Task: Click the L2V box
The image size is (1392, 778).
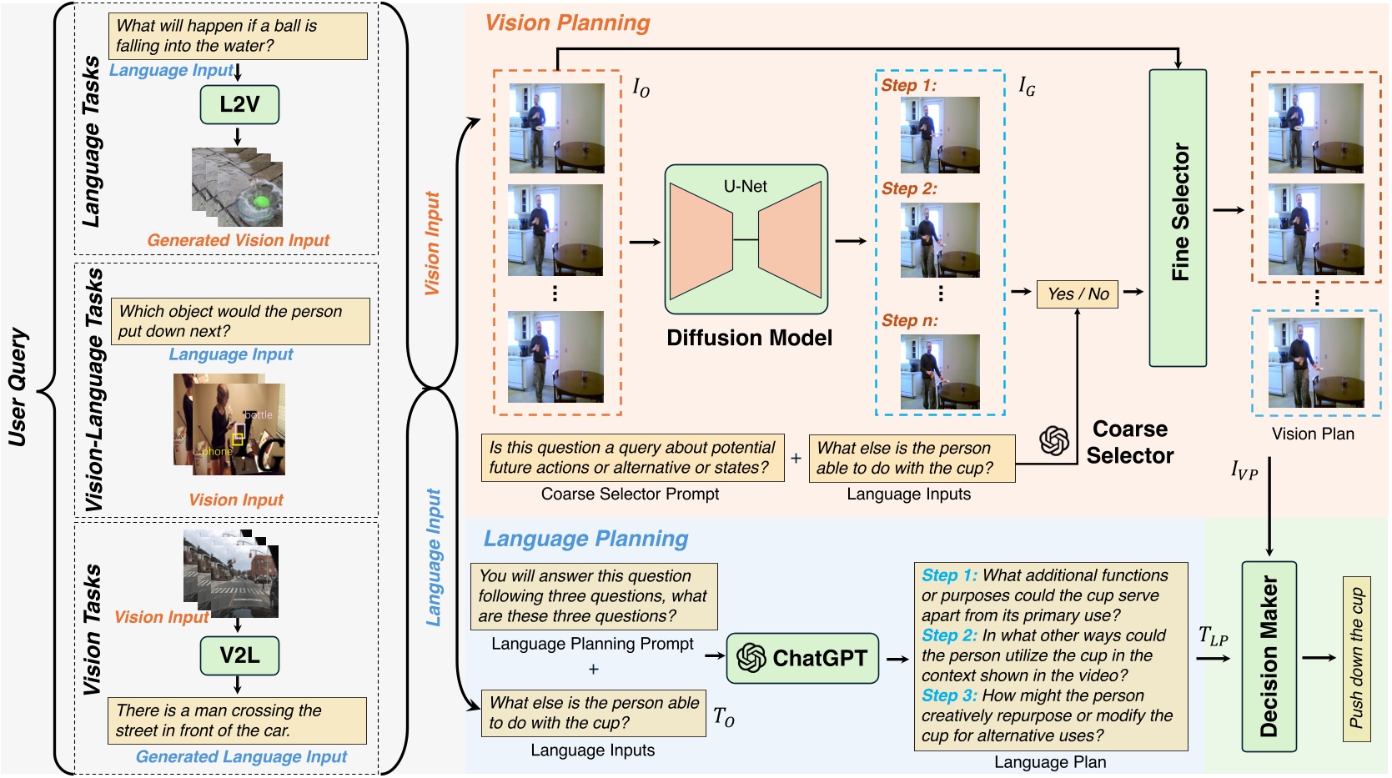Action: click(239, 105)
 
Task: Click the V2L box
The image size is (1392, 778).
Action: click(239, 656)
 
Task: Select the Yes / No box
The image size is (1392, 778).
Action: click(1078, 294)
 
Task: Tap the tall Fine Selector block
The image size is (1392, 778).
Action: click(1178, 218)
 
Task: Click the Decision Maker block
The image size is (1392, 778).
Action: click(1269, 657)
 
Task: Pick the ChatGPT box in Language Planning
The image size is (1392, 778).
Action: click(802, 658)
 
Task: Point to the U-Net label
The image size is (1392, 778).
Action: click(745, 187)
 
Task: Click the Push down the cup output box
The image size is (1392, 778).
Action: click(1356, 658)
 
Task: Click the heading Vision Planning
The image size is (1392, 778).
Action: click(567, 23)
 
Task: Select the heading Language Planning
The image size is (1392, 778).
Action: click(585, 539)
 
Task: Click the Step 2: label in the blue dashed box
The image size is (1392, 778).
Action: click(909, 189)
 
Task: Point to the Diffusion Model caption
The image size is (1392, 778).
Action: click(749, 338)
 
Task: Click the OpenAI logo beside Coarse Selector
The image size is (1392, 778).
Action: click(1054, 440)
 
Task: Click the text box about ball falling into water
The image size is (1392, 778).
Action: click(238, 36)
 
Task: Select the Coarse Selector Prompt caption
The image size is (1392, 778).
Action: click(630, 494)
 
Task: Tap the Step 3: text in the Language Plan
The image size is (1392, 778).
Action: click(948, 695)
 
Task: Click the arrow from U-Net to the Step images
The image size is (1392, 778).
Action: click(851, 242)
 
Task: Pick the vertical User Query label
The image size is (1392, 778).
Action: click(18, 388)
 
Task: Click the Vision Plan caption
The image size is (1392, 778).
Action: click(1313, 434)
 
